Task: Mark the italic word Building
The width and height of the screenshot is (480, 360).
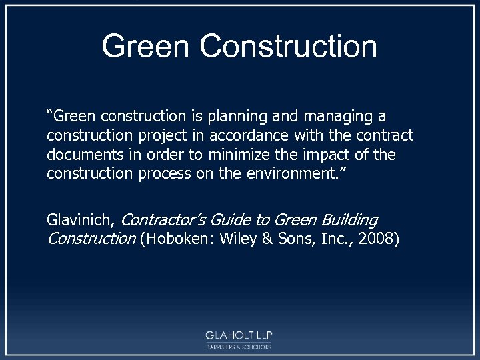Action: (x=349, y=221)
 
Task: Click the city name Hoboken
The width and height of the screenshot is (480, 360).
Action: (x=171, y=239)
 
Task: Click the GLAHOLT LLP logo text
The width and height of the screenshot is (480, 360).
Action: (x=239, y=335)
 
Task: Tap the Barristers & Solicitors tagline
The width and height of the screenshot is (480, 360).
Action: (x=239, y=347)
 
